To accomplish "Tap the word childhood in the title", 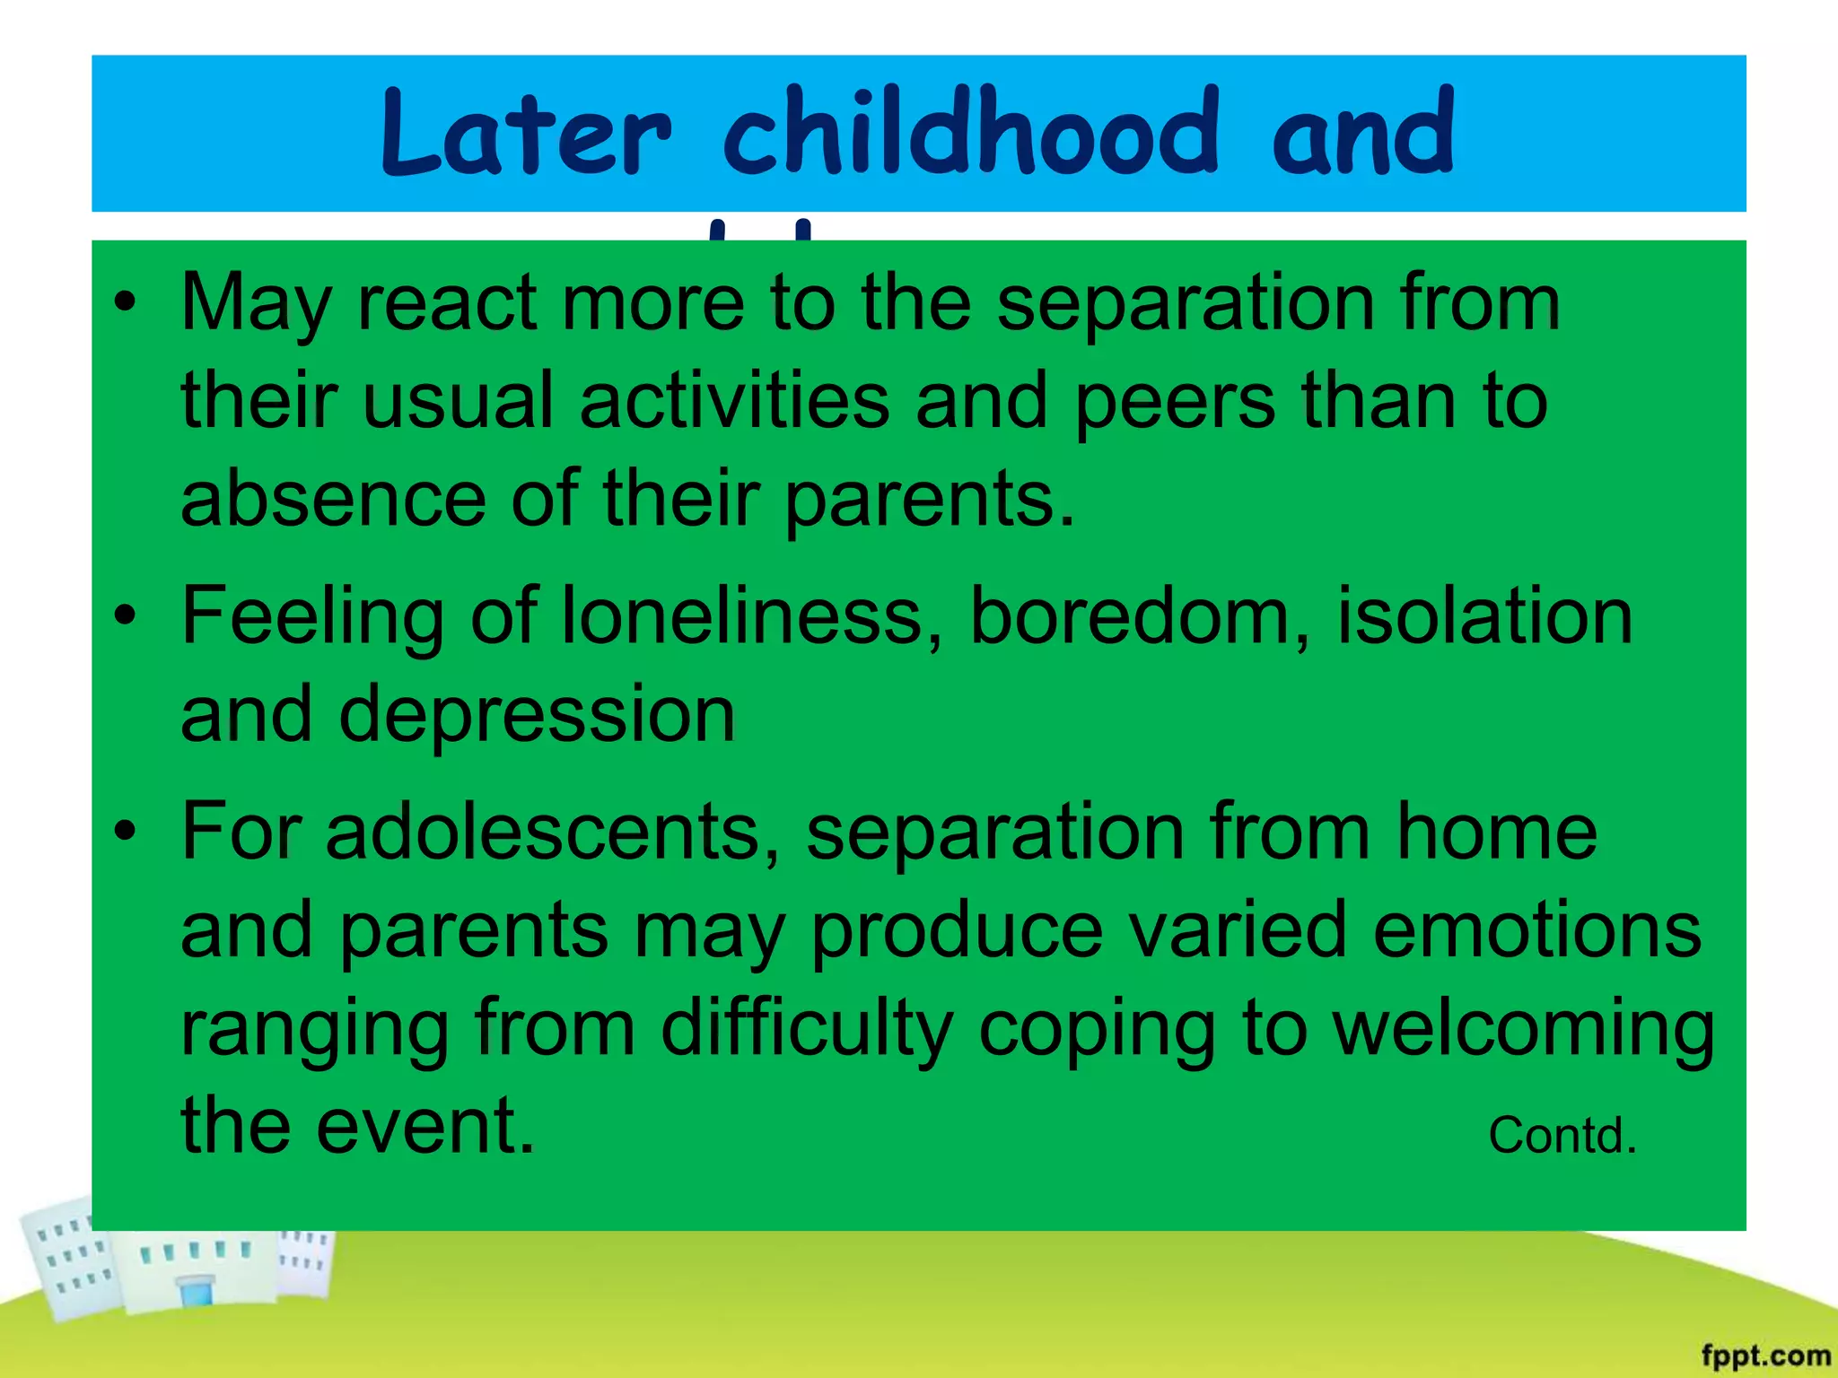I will coord(971,133).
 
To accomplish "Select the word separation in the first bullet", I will coord(1186,303).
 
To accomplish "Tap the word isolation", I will coord(1484,616).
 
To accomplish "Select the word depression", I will coord(537,715).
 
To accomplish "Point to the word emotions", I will coord(1536,929).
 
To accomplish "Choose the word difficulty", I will coord(806,1028).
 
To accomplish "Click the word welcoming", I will coord(1524,1028).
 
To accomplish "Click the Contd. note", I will coord(1562,1136).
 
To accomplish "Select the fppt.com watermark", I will coord(1764,1355).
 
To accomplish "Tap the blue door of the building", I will coord(197,1293).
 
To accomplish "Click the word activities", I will coord(734,401).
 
